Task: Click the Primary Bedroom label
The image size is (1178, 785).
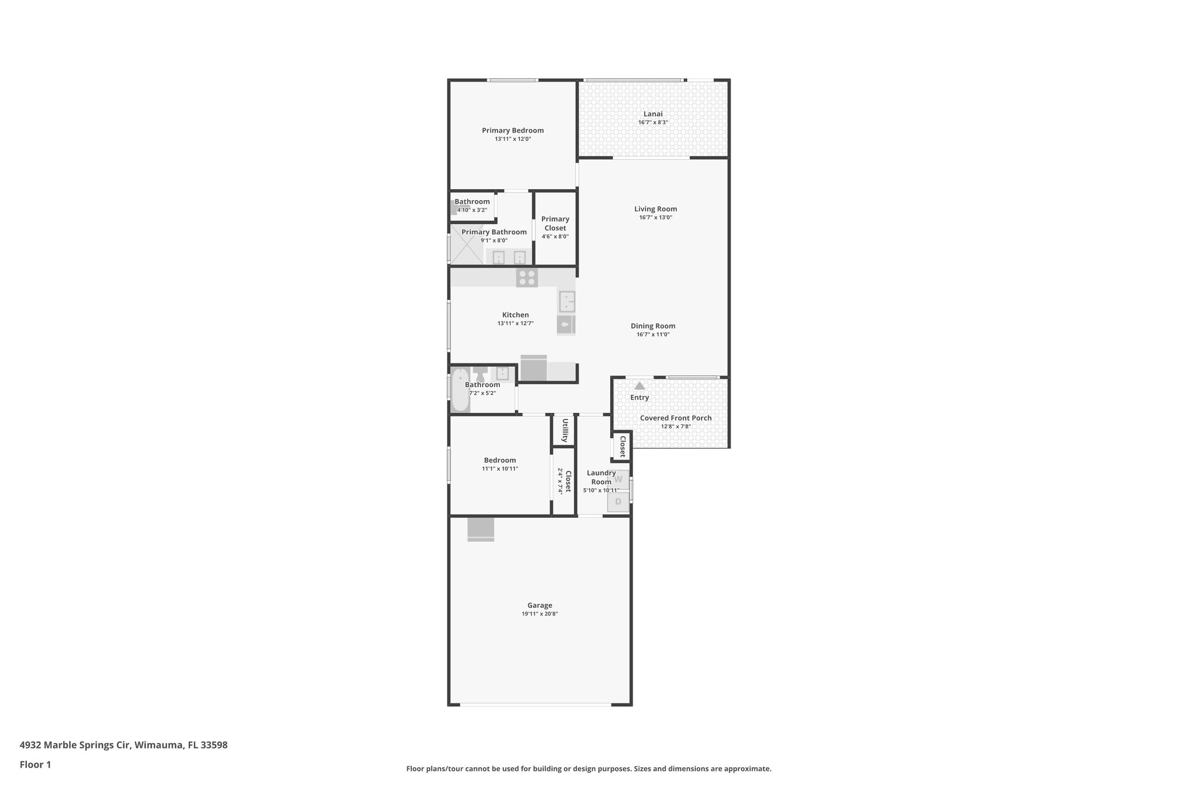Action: click(512, 131)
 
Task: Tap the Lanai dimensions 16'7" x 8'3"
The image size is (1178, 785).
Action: click(653, 122)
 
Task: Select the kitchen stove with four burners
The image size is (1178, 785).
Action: click(527, 278)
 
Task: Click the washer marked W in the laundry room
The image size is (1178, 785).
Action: click(618, 479)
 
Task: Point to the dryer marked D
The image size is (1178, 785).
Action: click(618, 502)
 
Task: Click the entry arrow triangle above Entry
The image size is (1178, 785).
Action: click(640, 385)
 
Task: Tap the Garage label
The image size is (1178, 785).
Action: click(540, 605)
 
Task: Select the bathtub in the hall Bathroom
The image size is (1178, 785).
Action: click(460, 390)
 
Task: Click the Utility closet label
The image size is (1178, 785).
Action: click(565, 430)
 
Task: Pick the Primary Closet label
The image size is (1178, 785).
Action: click(555, 223)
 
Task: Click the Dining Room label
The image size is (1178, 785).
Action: click(653, 326)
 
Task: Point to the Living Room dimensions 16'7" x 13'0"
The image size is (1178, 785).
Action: click(655, 217)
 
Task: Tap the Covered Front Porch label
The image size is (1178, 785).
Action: click(675, 418)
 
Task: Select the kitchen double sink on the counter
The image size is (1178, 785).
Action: click(567, 301)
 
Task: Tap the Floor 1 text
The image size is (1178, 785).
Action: click(35, 764)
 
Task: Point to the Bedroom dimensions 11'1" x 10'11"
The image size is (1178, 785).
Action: click(500, 469)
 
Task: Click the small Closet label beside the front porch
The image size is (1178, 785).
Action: click(622, 446)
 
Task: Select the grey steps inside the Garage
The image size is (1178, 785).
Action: click(481, 530)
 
